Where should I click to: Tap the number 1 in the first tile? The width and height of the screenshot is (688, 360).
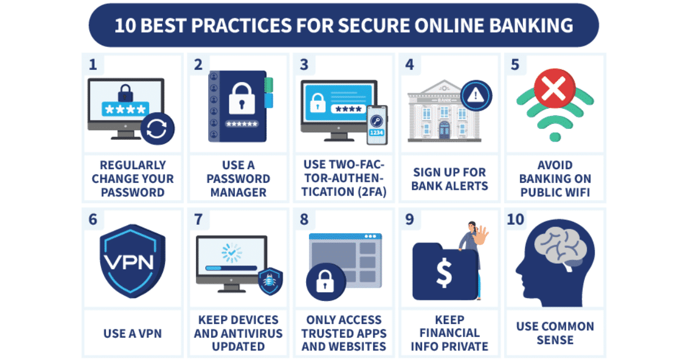(93, 65)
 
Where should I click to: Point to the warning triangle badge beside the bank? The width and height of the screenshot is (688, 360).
(476, 96)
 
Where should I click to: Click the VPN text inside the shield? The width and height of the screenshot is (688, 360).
(128, 263)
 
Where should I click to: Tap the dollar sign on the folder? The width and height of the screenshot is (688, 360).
(444, 272)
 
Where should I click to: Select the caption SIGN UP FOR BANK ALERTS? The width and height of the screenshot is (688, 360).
(449, 179)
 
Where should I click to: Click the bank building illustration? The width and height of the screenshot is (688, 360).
(439, 112)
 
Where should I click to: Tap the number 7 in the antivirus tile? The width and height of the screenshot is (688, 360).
(198, 220)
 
